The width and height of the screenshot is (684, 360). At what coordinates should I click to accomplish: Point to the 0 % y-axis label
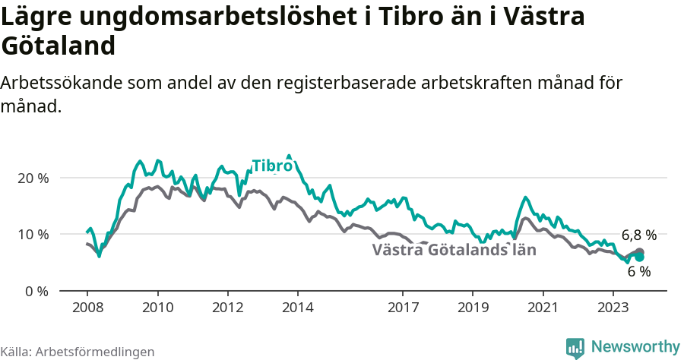36,292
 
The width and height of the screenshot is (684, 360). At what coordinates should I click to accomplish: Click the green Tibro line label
272,166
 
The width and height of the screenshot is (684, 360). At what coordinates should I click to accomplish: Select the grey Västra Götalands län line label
454,250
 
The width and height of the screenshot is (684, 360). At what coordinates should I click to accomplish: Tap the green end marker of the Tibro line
639,257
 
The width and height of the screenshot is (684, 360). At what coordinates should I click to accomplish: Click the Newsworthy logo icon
575,347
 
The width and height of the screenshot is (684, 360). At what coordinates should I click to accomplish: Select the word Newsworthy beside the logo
635,347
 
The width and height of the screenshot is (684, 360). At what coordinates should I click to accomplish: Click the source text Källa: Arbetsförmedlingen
78,352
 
